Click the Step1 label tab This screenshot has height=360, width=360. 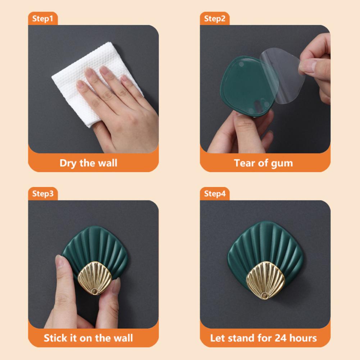click(x=42, y=19)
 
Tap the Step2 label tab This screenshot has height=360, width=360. click(x=214, y=19)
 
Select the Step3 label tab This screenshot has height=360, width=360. click(x=42, y=194)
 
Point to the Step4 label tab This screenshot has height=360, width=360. click(x=215, y=194)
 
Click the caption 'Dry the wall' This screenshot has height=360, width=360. click(x=88, y=163)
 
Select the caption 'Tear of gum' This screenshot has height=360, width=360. click(x=263, y=163)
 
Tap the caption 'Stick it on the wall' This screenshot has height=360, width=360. click(x=88, y=338)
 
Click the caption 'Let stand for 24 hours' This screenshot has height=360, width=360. click(x=263, y=338)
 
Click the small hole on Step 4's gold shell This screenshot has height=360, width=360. click(x=265, y=295)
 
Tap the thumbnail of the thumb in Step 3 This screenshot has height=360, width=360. click(x=59, y=261)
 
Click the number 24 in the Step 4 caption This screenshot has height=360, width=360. click(x=281, y=338)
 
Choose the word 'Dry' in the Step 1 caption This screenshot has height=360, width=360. click(x=68, y=163)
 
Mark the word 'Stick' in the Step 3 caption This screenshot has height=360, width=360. click(x=56, y=338)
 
